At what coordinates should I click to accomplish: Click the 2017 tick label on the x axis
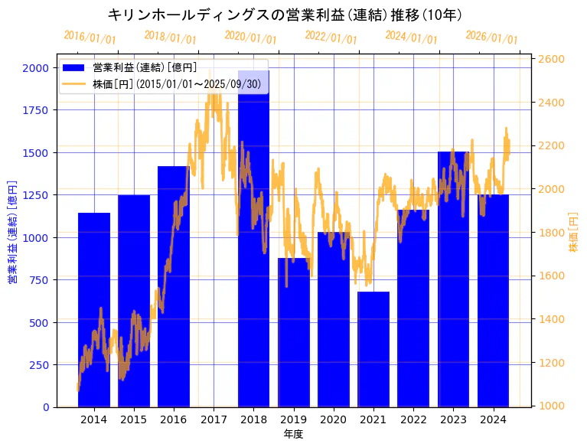pyautogui.click(x=214, y=419)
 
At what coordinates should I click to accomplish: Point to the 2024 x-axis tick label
pyautogui.click(x=493, y=419)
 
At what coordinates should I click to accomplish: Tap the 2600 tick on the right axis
pyautogui.click(x=552, y=59)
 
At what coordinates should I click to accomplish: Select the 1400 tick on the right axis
pyautogui.click(x=552, y=319)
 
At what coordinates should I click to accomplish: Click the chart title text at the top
pyautogui.click(x=285, y=15)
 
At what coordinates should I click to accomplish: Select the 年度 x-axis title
pyautogui.click(x=293, y=434)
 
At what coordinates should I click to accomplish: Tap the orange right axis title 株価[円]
pyautogui.click(x=575, y=232)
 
